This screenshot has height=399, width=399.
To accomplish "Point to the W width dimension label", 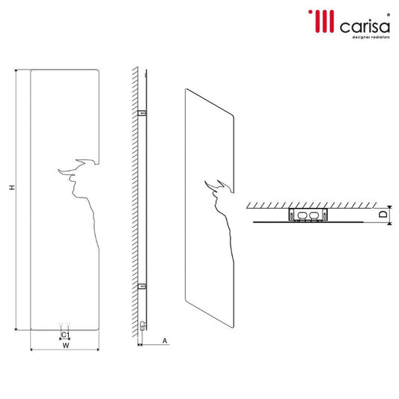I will pos(66,346).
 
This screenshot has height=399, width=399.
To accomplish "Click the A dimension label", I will pos(164,341).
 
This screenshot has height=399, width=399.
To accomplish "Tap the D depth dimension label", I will pos(383,215).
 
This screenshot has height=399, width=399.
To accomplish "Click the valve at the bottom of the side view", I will pos(141,326).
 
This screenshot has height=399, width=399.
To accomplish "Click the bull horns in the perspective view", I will pos(220,186).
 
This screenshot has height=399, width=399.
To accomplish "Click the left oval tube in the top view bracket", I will pos(302,215).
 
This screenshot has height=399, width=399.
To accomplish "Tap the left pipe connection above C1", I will pos(60,326).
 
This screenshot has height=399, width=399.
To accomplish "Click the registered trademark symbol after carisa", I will pos(387,12).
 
